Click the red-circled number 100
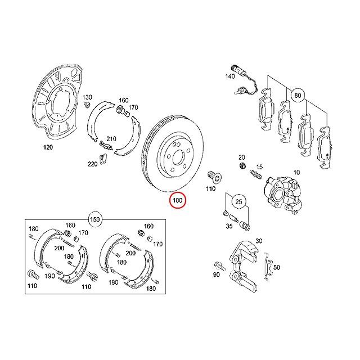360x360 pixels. tap(178, 200)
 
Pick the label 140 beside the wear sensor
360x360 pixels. tap(230, 76)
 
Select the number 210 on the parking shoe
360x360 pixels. tap(111, 138)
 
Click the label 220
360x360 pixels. tap(92, 164)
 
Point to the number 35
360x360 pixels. tap(228, 228)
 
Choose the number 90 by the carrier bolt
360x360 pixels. tap(217, 274)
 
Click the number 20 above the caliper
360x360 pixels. tap(242, 157)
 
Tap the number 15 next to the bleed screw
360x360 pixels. tap(259, 166)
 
